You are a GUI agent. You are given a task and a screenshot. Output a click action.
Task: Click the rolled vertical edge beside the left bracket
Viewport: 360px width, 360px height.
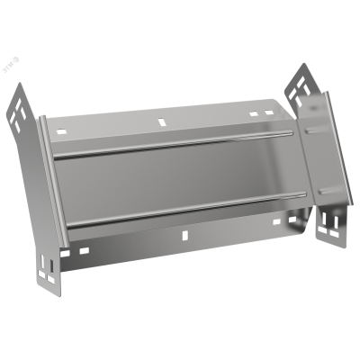(x=50, y=180)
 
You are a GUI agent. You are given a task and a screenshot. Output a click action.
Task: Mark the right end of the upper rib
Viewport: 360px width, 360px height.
(x=290, y=135)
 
